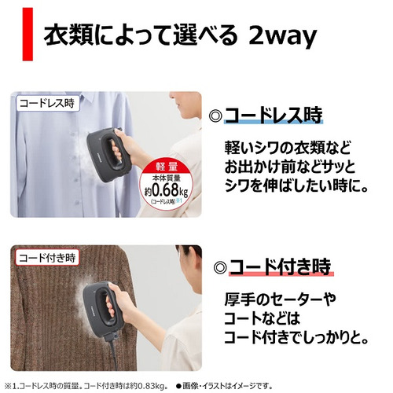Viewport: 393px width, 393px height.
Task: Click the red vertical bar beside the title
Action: tap(28, 34)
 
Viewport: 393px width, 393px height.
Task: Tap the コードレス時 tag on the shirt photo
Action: tap(47, 103)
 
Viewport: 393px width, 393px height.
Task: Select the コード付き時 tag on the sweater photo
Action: tap(47, 258)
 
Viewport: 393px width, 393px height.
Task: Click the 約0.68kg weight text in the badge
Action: tap(167, 190)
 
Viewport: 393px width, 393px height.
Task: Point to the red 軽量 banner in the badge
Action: tap(167, 167)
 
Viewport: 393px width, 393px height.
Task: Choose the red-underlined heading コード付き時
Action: tap(281, 266)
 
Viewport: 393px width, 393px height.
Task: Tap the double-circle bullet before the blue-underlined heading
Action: tap(215, 116)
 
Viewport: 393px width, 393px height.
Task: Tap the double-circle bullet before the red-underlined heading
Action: tap(220, 267)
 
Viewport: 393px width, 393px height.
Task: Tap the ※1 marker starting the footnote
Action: tap(11, 386)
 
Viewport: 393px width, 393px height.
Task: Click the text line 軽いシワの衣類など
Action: tap(288, 148)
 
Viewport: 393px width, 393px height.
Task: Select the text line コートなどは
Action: tap(262, 318)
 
